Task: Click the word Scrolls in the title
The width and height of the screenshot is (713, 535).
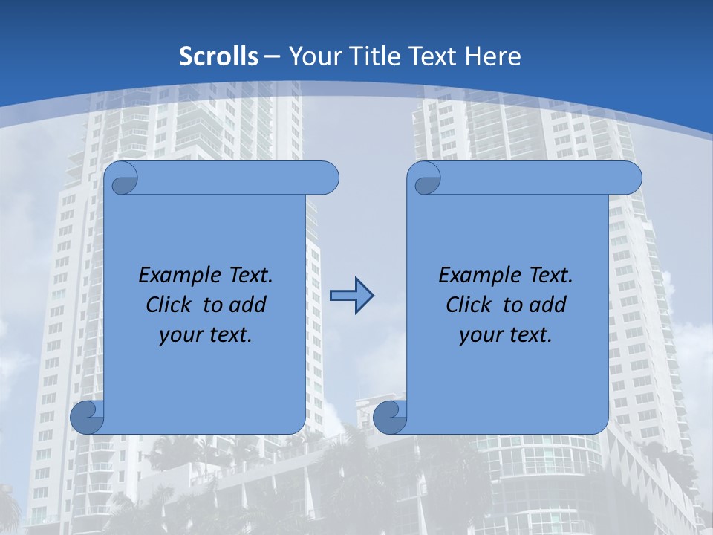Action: point(219,56)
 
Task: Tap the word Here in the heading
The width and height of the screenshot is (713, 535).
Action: point(492,56)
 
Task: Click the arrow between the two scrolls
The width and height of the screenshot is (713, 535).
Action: point(351,296)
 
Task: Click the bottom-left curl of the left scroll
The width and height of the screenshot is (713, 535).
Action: point(87,417)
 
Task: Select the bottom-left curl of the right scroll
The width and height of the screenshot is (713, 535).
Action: point(389,417)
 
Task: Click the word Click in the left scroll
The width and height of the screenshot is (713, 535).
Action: point(169,305)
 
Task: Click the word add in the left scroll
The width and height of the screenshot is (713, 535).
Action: point(247,305)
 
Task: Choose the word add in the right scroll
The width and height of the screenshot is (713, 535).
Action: point(547,305)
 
